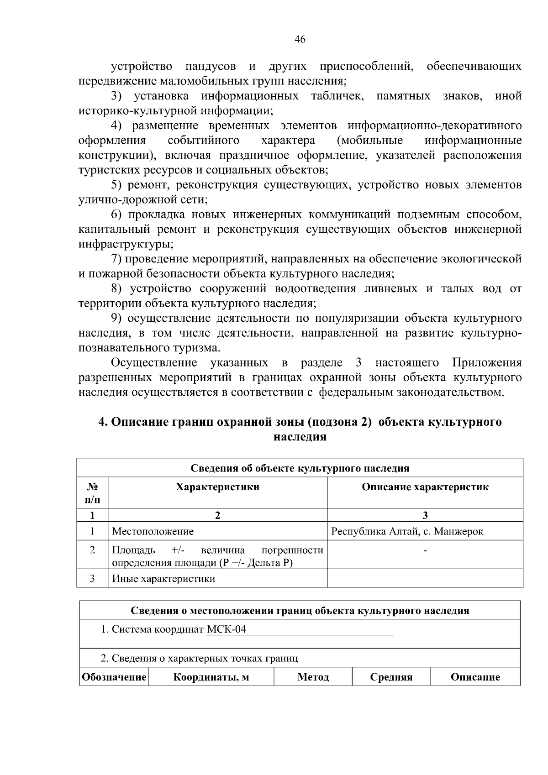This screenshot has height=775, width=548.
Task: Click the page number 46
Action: click(300, 40)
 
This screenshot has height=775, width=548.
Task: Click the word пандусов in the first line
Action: click(211, 67)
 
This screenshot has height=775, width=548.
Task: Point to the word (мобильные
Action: click(369, 140)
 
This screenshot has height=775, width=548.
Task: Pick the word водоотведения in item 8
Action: click(315, 289)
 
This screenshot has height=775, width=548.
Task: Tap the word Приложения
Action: click(486, 363)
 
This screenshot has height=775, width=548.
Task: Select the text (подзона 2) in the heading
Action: click(341, 422)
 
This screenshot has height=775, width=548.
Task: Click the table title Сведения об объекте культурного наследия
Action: click(300, 468)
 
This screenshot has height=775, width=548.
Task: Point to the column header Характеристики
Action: click(217, 487)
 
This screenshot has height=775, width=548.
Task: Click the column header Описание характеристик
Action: click(425, 487)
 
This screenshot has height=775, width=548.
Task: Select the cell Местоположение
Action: click(153, 531)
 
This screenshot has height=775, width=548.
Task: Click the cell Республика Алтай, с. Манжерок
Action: click(407, 531)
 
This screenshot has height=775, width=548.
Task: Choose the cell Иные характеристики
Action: click(163, 579)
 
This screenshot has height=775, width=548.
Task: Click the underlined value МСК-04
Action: click(226, 629)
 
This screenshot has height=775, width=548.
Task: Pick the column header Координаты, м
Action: click(211, 677)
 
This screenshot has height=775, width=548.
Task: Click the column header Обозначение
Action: click(114, 677)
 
